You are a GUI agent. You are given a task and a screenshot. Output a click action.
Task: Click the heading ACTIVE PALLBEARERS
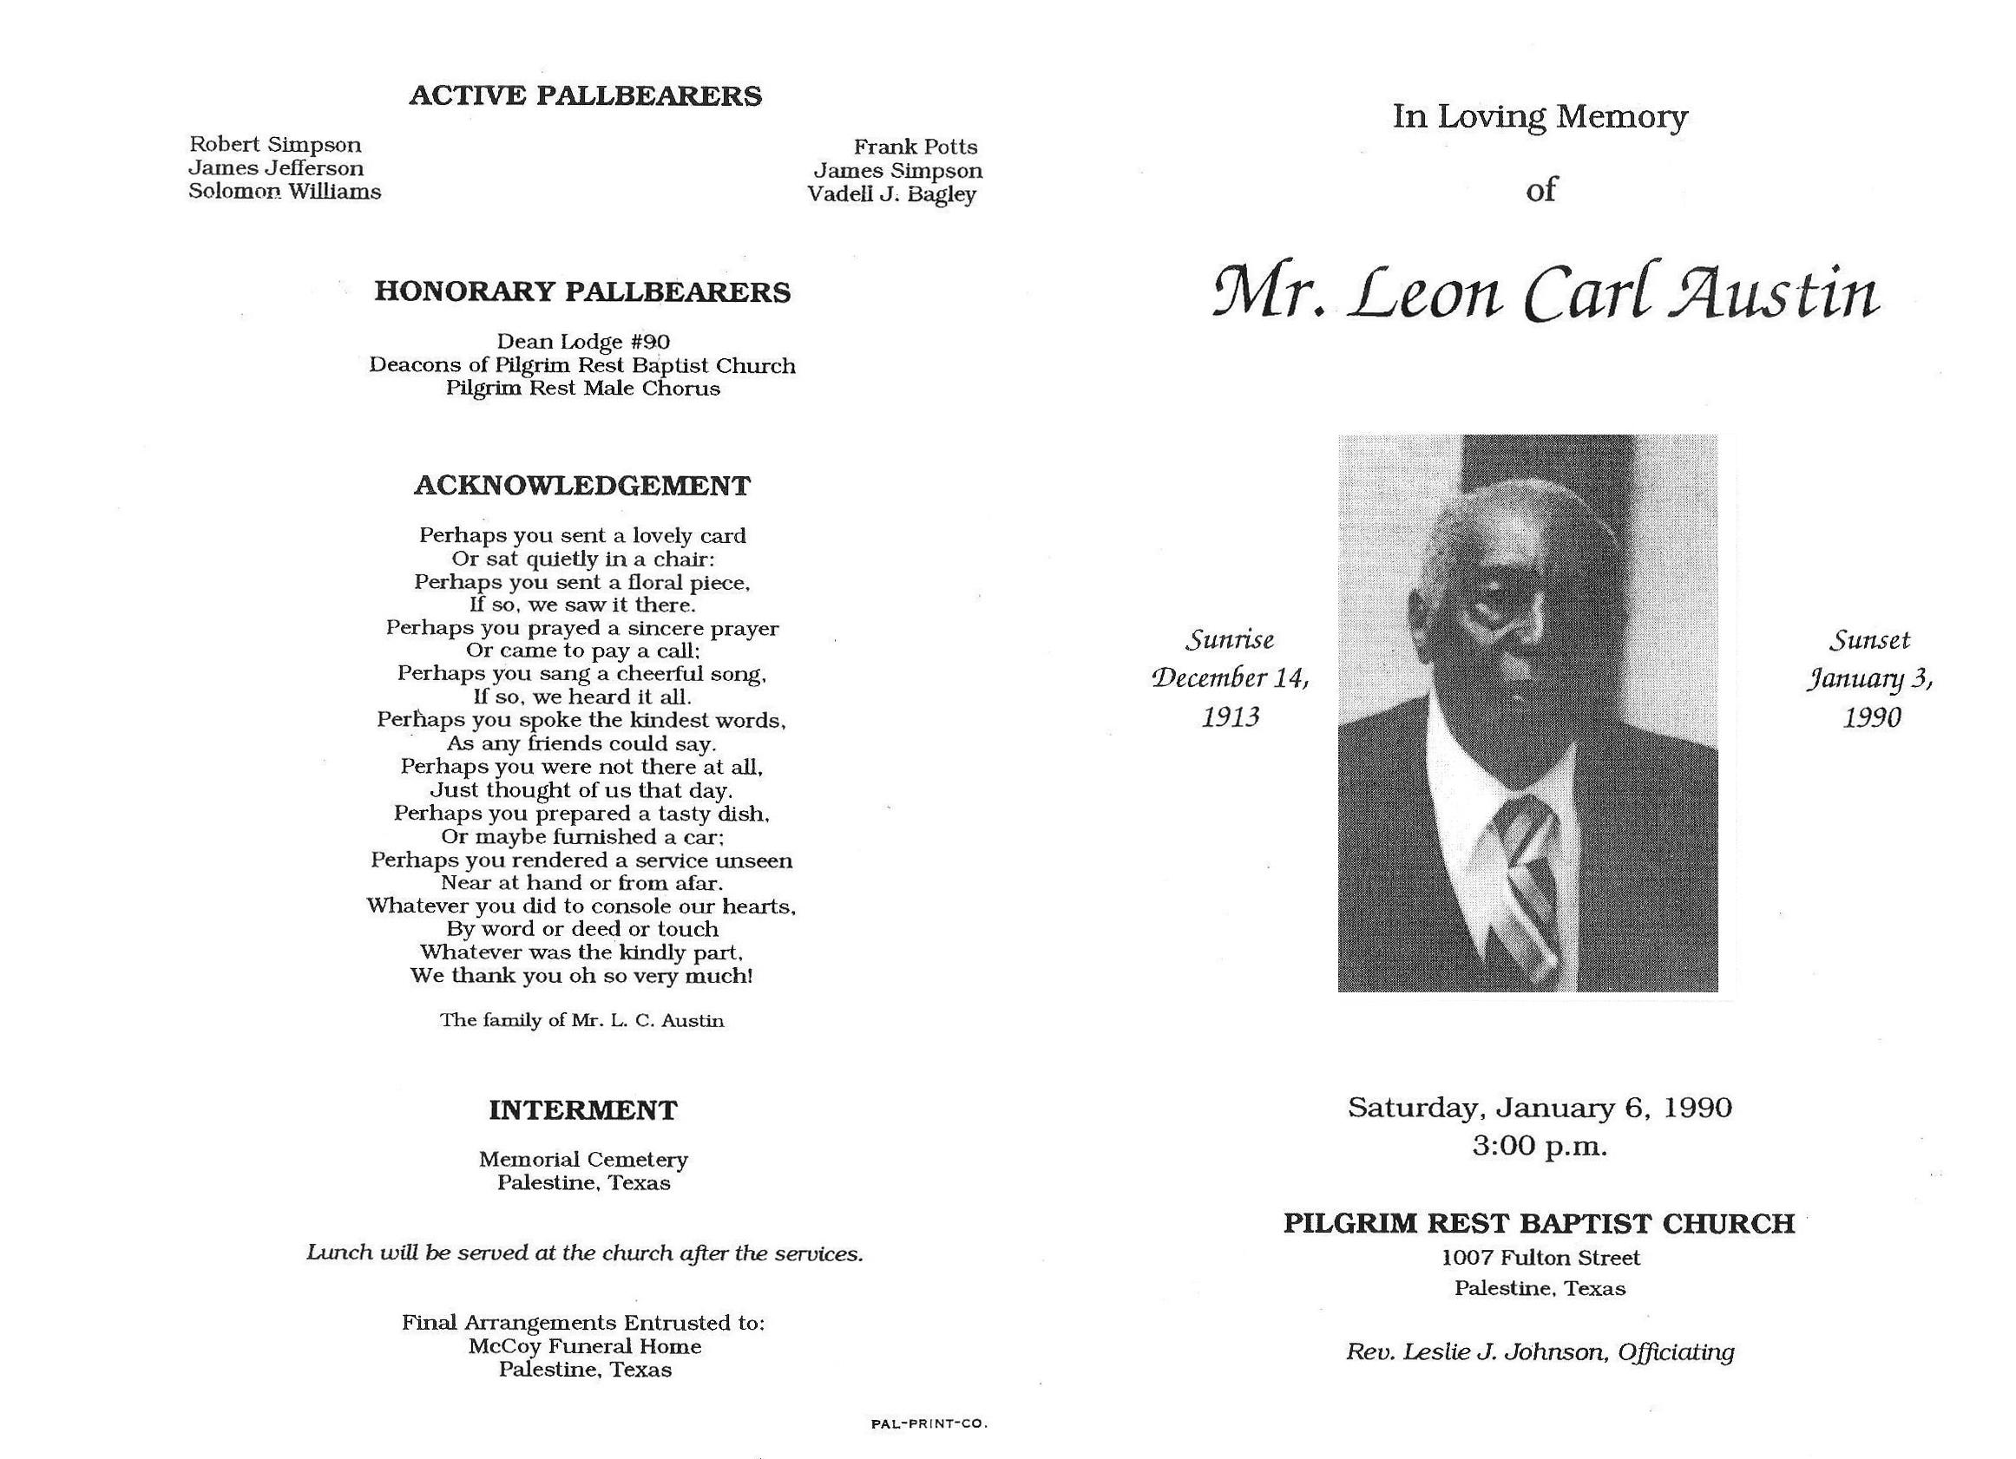[585, 96]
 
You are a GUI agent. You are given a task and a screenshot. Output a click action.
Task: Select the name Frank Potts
[915, 147]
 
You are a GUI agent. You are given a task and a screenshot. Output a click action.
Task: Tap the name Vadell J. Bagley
[891, 194]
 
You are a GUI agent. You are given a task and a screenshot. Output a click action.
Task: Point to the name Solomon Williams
[285, 192]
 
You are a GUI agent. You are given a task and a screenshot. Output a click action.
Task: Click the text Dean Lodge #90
[582, 342]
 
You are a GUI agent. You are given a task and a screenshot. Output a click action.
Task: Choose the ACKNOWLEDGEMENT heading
[582, 486]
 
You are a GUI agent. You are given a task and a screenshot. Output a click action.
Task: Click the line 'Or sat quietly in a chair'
[582, 559]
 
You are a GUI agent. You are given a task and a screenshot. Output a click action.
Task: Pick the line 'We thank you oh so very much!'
[581, 976]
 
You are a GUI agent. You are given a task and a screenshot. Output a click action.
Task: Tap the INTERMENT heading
[582, 1109]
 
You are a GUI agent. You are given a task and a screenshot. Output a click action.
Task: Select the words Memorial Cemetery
[583, 1160]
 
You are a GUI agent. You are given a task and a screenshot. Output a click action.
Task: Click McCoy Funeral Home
[585, 1346]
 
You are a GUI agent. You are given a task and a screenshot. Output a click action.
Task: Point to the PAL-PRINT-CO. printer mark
[929, 1423]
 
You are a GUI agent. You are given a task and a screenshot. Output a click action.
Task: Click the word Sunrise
[1231, 640]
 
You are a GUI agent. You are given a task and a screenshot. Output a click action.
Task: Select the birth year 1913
[1231, 717]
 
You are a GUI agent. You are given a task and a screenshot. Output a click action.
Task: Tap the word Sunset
[1870, 640]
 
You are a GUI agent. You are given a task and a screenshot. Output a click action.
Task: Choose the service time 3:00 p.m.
[1540, 1146]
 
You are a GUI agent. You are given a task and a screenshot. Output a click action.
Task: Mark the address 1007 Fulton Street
[1540, 1258]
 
